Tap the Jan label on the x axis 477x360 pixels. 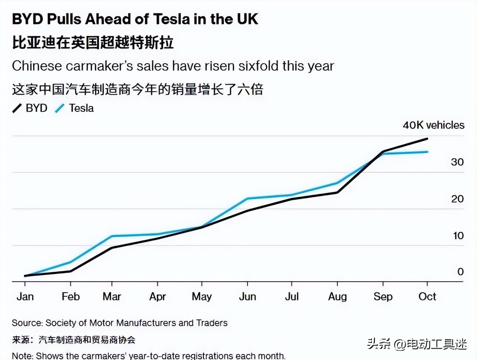(25, 296)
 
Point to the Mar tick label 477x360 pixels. (112, 296)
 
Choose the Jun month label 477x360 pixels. (247, 296)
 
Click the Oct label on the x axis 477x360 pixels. (427, 296)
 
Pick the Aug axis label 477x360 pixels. (337, 296)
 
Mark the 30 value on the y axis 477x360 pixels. (457, 162)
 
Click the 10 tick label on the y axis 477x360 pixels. (458, 236)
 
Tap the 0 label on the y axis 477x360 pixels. (460, 272)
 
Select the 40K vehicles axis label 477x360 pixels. (433, 125)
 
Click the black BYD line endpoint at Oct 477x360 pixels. (427, 139)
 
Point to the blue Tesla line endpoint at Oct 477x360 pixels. (427, 152)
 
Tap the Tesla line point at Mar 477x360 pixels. (112, 236)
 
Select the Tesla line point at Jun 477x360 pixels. (247, 199)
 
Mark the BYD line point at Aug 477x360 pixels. (337, 192)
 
